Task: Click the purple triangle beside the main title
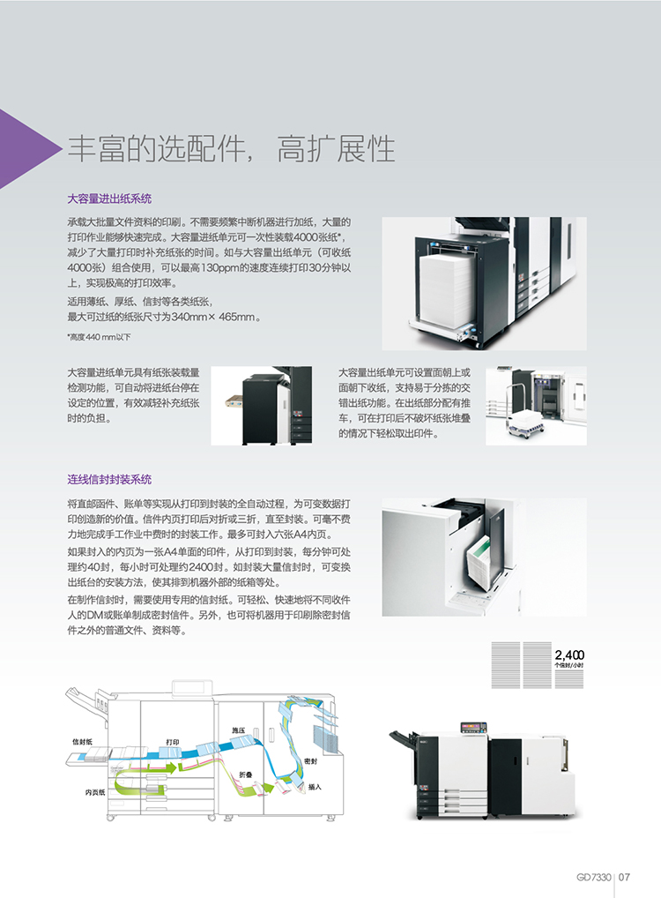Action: [23, 149]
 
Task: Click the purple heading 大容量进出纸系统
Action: [109, 198]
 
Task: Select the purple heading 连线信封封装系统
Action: [109, 479]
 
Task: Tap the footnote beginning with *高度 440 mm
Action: [99, 337]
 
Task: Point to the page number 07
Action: [624, 877]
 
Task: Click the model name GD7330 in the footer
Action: [593, 877]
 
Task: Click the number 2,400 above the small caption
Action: [568, 655]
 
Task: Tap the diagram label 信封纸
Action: [82, 742]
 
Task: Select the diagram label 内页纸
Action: [95, 792]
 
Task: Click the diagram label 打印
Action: [172, 742]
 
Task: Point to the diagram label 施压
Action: [238, 730]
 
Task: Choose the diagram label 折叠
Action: [246, 775]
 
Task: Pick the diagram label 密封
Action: [310, 761]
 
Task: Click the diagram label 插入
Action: [315, 787]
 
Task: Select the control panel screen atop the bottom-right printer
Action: [473, 728]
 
